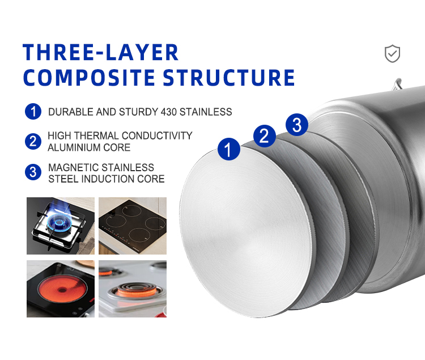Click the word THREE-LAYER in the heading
point(100,52)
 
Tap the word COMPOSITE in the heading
point(89,78)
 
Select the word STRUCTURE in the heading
point(229,78)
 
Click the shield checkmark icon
point(392,54)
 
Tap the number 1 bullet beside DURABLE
point(33,112)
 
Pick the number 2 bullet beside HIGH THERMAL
point(33,142)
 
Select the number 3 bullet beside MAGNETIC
point(33,172)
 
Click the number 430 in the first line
point(169,112)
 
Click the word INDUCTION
point(108,179)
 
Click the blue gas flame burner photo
point(61,226)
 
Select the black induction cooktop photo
point(133,226)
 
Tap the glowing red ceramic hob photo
point(61,289)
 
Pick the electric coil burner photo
point(133,289)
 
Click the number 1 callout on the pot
point(229,149)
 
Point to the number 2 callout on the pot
point(264,136)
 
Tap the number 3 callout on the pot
point(297,124)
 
